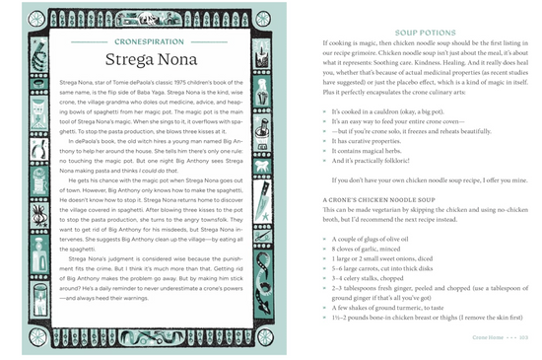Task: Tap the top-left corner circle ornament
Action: [x=36, y=18]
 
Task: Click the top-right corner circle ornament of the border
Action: [x=262, y=18]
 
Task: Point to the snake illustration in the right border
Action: [x=263, y=286]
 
